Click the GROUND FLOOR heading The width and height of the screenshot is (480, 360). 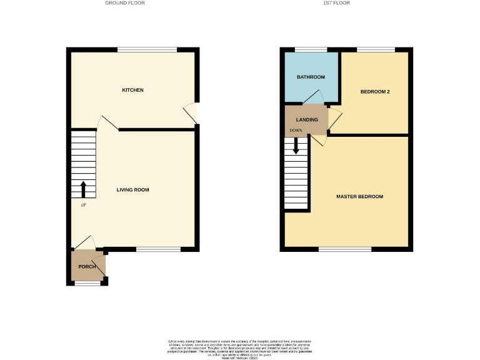tap(132, 3)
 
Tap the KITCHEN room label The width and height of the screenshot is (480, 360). tap(132, 90)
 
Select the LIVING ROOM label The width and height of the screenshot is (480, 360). tap(132, 189)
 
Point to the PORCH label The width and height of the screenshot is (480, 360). tap(87, 267)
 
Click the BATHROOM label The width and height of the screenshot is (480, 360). tap(311, 77)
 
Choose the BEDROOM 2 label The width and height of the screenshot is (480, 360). tap(375, 92)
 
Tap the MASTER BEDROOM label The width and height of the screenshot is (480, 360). tap(359, 196)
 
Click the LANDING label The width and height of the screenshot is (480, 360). tap(307, 119)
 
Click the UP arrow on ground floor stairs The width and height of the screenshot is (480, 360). tap(83, 188)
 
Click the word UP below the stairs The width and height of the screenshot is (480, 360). tap(83, 204)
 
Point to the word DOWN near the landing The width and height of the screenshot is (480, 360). tap(295, 131)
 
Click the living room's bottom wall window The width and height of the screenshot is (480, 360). tap(159, 249)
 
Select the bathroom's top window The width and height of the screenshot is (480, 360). tap(311, 49)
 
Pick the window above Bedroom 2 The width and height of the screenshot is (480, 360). tap(376, 49)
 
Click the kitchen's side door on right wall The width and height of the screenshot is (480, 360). tap(196, 113)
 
